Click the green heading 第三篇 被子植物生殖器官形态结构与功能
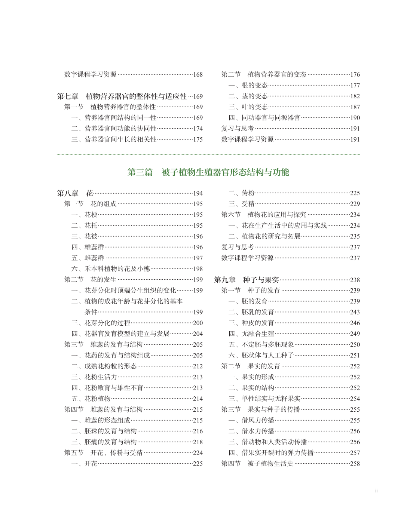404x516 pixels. pos(208,172)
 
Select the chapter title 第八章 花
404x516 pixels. pos(75,193)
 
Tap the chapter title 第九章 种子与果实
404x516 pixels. pos(247,280)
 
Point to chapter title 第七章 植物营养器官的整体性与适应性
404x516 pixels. pos(122,96)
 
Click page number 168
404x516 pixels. pos(198,75)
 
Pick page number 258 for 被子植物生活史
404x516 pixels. pos(355,464)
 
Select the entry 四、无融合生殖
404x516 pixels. pos(251,334)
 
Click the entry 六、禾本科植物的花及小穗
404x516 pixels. pos(111,269)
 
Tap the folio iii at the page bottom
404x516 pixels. pos(376,491)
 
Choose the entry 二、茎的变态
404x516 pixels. pos(248,96)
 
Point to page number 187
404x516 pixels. pos(355,107)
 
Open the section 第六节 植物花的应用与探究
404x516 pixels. pos(264,215)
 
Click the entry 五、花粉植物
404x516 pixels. pos(91,399)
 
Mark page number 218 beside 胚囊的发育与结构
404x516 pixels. pos(198,442)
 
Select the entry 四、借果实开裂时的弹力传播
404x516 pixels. pos(271,453)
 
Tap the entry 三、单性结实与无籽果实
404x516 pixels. pos(264,399)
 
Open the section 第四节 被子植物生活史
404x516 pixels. pos(257,464)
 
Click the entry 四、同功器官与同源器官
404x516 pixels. pos(264,118)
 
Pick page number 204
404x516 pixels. pos(198,334)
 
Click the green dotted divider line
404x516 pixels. pos(208,154)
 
